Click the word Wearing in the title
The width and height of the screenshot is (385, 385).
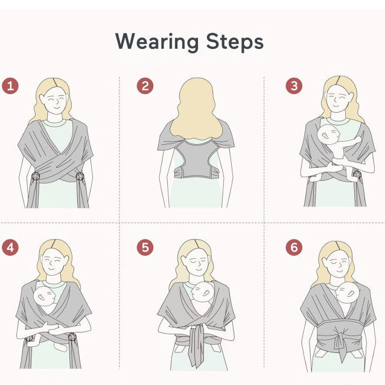[x=157, y=42]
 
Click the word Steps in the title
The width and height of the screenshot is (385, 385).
[x=235, y=42]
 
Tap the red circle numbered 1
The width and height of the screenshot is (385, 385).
[x=10, y=86]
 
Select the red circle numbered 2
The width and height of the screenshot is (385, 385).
[x=145, y=86]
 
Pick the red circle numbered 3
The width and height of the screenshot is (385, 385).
[x=294, y=86]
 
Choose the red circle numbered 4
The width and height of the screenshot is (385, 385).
[x=10, y=247]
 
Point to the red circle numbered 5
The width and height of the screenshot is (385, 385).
[x=145, y=247]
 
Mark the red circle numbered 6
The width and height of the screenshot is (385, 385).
[x=294, y=247]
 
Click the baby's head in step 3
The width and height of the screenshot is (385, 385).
[x=328, y=135]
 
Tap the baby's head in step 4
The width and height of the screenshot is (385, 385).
[x=45, y=296]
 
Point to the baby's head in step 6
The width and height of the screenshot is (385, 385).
[x=347, y=292]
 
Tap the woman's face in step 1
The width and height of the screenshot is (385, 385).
[x=54, y=100]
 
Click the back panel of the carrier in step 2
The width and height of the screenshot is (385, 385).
[x=196, y=159]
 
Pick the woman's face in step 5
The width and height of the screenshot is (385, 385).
[x=197, y=262]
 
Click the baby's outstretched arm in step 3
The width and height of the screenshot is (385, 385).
[x=352, y=141]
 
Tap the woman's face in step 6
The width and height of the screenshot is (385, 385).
[x=338, y=264]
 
